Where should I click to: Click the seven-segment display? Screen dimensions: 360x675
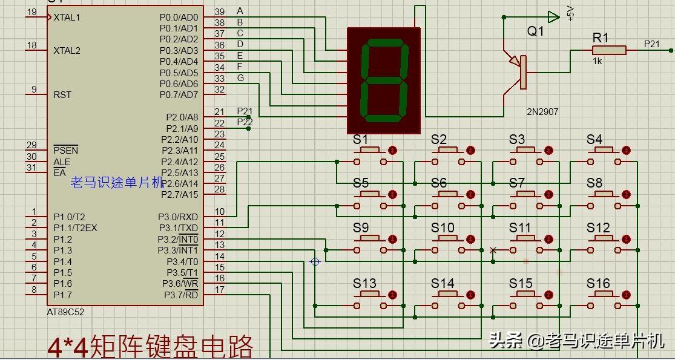tap(383, 80)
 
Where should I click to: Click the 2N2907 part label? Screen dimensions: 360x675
tap(542, 112)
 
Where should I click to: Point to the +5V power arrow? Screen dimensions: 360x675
tap(553, 17)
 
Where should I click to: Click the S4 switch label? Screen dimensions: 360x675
tap(594, 140)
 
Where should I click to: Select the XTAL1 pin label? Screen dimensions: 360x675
tap(67, 18)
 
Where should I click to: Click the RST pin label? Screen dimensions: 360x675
tap(62, 95)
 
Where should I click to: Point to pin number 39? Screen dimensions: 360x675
tap(220, 12)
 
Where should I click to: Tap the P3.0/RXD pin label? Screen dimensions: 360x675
tap(178, 217)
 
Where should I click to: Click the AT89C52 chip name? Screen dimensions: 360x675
tap(65, 312)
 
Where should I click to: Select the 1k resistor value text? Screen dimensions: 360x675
tap(598, 61)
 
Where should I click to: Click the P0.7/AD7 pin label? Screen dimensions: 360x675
tap(179, 95)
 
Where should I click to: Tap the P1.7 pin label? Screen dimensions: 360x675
tap(62, 295)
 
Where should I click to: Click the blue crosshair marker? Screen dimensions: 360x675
tap(315, 261)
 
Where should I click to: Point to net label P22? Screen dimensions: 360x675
tap(245, 122)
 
